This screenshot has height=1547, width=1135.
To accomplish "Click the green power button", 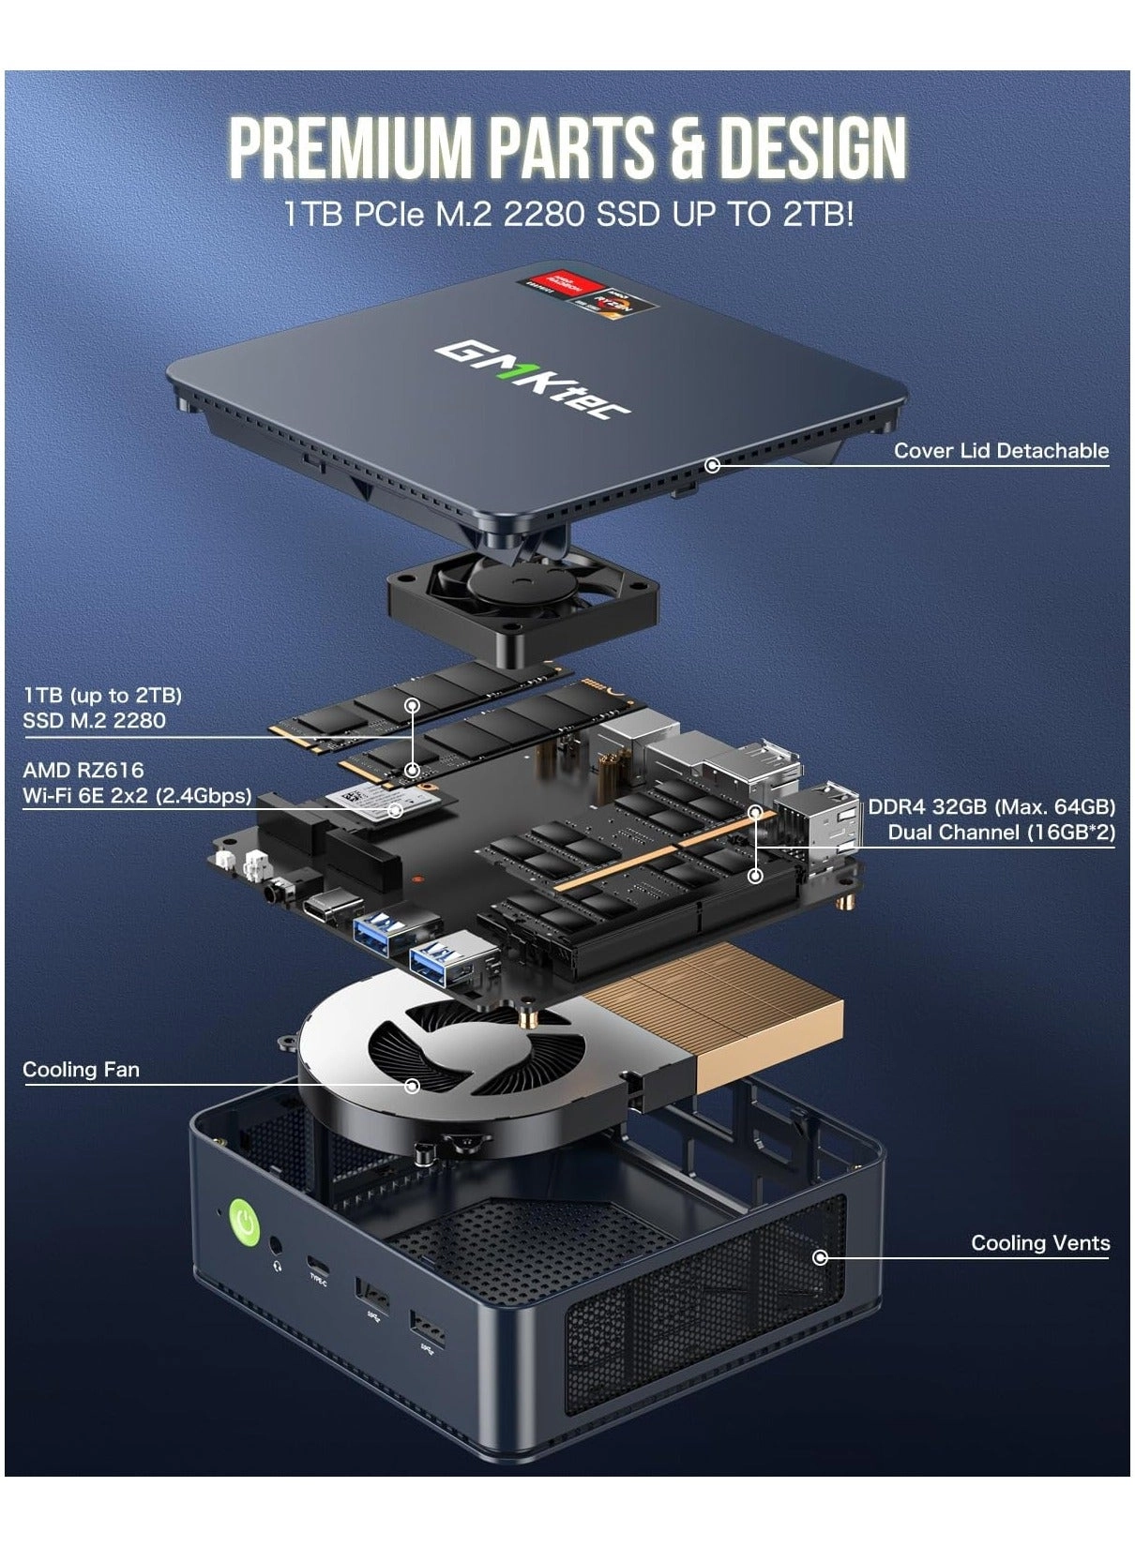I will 245,1222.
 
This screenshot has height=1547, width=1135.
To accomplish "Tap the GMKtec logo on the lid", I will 533,379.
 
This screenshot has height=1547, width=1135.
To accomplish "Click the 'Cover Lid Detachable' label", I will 1001,451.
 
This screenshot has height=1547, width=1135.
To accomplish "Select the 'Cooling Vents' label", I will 1040,1243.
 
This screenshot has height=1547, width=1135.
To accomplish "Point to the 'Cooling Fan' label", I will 81,1070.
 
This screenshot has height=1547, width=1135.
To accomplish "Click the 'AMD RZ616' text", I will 83,771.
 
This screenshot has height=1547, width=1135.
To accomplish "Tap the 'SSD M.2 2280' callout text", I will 94,721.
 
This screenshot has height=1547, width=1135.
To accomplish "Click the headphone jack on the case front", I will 277,1246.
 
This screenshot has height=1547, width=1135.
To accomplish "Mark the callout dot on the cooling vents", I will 821,1257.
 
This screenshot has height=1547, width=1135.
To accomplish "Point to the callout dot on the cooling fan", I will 412,1086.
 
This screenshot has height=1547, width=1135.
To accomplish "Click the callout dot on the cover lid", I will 713,464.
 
